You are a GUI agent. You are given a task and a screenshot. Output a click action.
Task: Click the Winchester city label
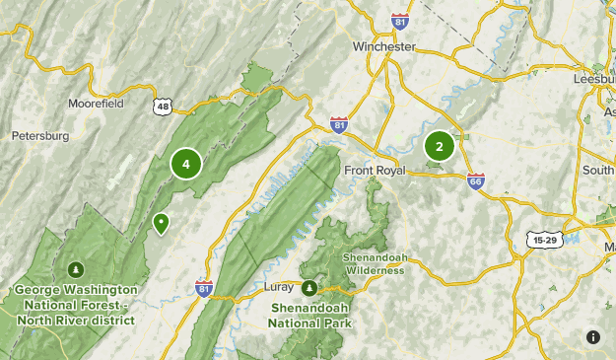pyautogui.click(x=384, y=45)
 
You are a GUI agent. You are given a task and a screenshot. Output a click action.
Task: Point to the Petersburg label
pyautogui.click(x=40, y=135)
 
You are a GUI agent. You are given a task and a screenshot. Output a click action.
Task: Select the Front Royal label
pyautogui.click(x=375, y=170)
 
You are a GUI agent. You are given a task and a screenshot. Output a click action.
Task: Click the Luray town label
pyautogui.click(x=280, y=288)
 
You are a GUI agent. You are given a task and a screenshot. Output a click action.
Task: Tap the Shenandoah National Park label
pyautogui.click(x=309, y=314)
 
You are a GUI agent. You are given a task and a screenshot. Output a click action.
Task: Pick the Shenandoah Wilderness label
pyautogui.click(x=373, y=263)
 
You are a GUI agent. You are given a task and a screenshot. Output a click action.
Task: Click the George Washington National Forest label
pyautogui.click(x=76, y=305)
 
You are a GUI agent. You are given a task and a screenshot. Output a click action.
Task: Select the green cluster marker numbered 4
pyautogui.click(x=185, y=164)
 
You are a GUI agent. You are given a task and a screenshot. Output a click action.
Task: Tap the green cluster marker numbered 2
pyautogui.click(x=439, y=146)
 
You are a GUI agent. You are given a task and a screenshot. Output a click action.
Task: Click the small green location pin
pyautogui.click(x=161, y=223)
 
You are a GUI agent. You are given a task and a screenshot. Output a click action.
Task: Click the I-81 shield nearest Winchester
pyautogui.click(x=398, y=21)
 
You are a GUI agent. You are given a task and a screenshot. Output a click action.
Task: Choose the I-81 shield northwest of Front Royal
pyautogui.click(x=339, y=124)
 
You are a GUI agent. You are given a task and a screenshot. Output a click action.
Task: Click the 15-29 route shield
pyautogui.click(x=543, y=239)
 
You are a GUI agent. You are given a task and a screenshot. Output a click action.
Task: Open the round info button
pyautogui.click(x=592, y=337)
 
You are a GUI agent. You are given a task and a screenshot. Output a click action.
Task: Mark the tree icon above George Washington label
pyautogui.click(x=76, y=269)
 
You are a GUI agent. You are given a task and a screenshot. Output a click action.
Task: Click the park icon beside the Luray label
pyautogui.click(x=309, y=288)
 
